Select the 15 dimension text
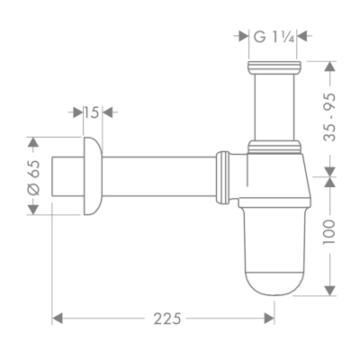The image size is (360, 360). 90,112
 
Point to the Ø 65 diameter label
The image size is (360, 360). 33,175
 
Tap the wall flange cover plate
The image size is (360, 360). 90,176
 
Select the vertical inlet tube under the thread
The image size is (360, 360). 275,108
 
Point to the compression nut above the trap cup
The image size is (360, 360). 275,147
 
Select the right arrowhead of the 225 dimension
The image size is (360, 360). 271,319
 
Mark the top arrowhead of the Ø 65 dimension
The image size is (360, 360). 33,141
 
